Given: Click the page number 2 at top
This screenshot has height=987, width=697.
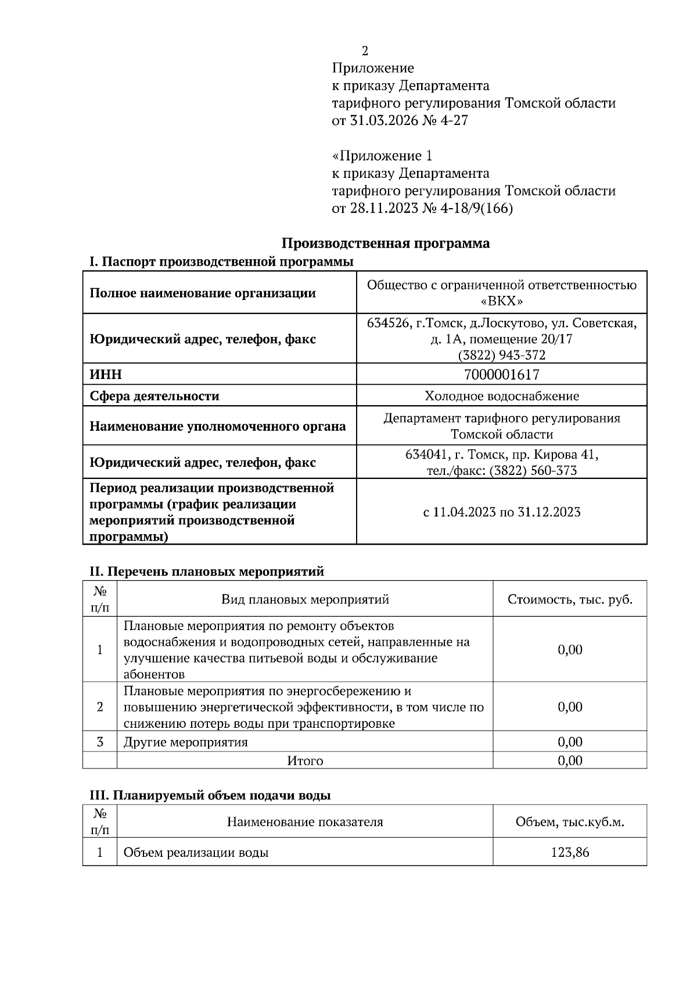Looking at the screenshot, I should [x=365, y=51].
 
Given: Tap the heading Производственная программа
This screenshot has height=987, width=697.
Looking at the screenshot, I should [x=386, y=243].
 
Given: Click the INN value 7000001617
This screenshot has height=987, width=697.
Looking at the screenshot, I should [x=502, y=375].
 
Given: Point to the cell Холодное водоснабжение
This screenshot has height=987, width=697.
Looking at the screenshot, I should [x=502, y=396].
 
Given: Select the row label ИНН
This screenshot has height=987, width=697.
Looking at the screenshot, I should [x=106, y=375].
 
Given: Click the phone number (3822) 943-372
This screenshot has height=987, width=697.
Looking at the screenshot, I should [x=502, y=355].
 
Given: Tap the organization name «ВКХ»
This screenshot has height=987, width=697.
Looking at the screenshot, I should [x=502, y=301].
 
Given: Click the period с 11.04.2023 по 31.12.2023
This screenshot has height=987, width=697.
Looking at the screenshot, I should [x=502, y=512].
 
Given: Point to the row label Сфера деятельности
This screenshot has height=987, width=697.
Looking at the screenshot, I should [x=155, y=396].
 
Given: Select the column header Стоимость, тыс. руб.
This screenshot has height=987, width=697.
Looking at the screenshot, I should [x=570, y=599].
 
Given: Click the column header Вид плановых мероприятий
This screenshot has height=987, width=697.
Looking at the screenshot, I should [x=305, y=599].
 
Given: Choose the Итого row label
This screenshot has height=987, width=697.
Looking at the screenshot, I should [x=305, y=760].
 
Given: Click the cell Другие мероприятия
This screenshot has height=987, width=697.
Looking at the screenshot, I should [x=186, y=742].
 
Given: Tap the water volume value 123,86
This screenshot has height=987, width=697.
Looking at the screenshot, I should [x=570, y=853].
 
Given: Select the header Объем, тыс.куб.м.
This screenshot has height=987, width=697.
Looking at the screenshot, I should [x=570, y=822].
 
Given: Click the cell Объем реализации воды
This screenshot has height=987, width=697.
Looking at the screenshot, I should [x=196, y=853].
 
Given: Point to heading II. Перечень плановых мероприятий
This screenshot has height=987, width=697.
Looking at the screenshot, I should [x=207, y=571].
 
